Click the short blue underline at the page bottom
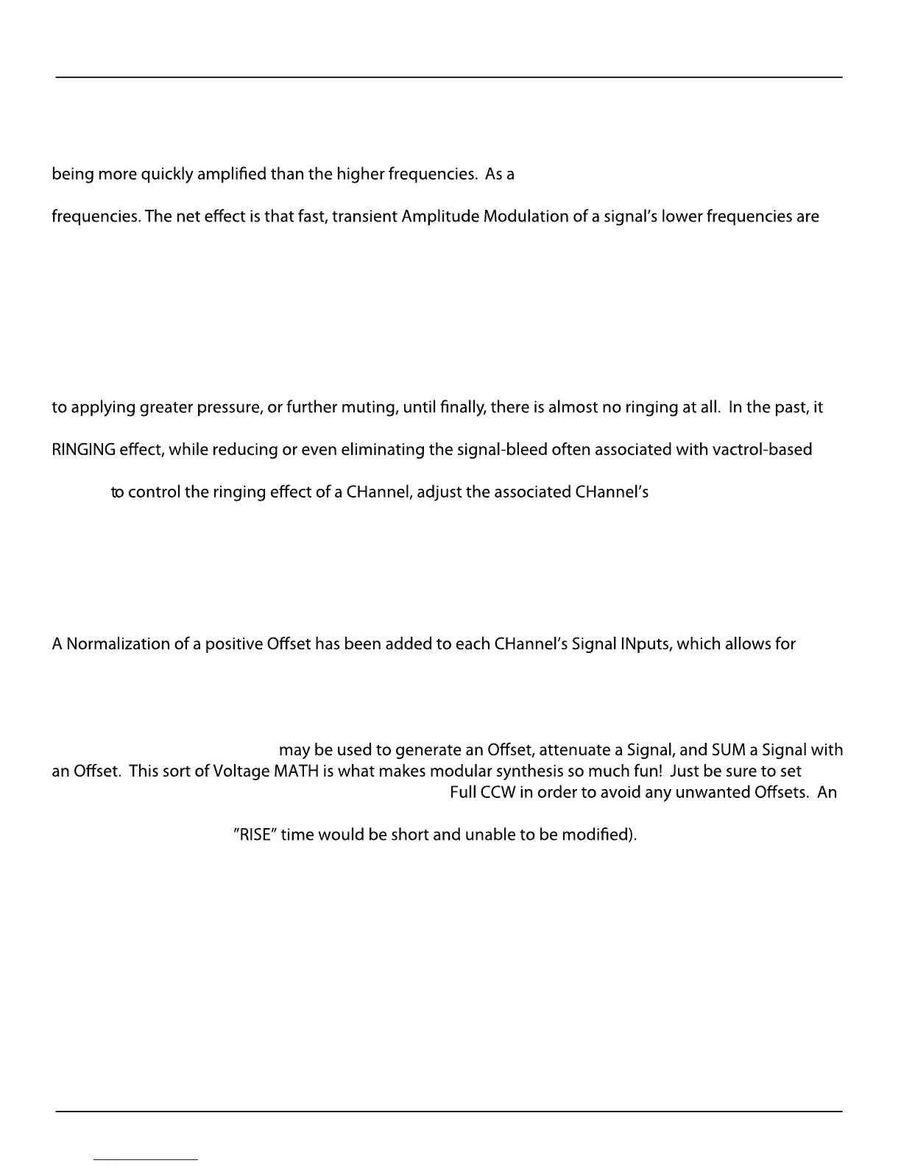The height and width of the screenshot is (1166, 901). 146,1159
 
